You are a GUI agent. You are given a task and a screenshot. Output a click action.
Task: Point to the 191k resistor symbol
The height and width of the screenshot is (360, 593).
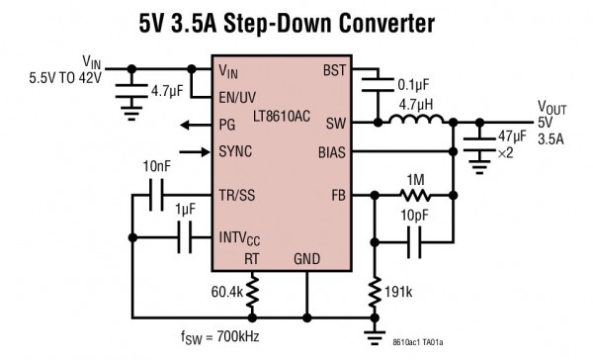374,292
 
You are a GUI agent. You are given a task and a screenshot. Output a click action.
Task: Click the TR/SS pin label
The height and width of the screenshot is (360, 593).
237,195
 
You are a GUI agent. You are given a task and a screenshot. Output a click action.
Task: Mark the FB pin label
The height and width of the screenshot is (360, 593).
338,195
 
